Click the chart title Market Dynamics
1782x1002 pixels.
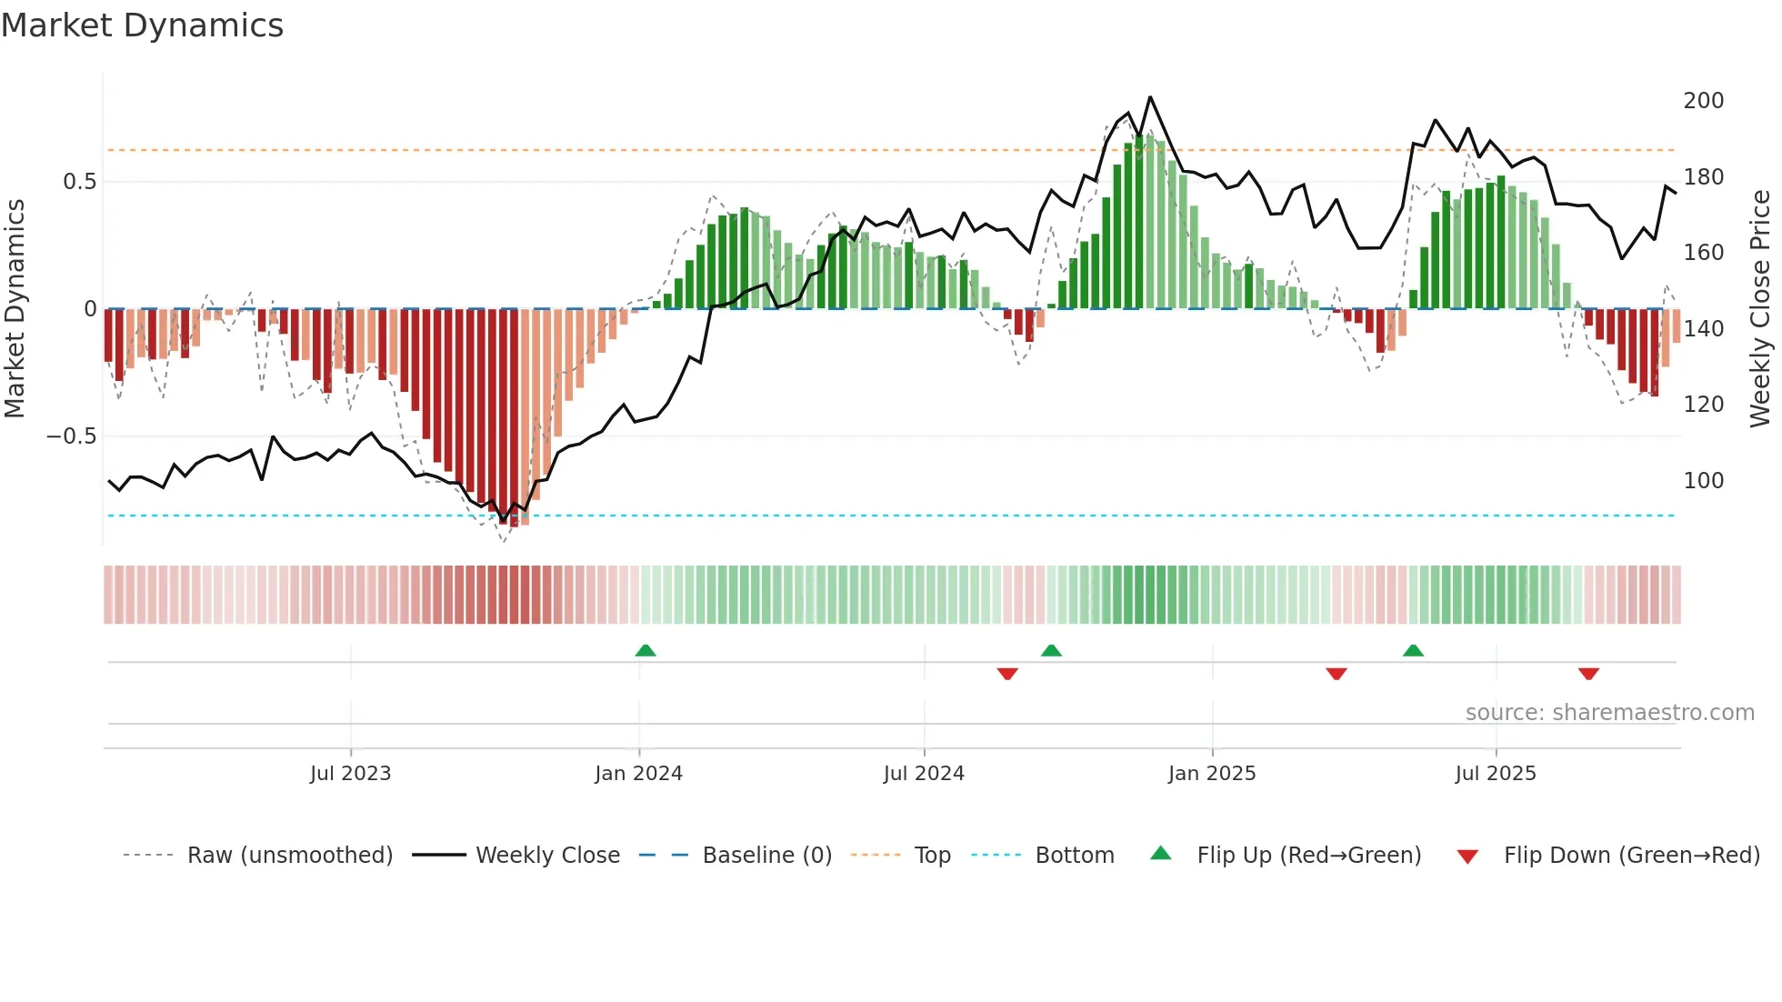click(x=142, y=25)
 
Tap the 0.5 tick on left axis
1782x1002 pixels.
click(x=79, y=182)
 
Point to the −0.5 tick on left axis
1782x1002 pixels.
click(x=72, y=436)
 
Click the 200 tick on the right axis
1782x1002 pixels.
click(x=1703, y=101)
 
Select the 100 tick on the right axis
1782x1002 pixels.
click(x=1703, y=481)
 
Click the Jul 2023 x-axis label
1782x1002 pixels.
click(x=350, y=774)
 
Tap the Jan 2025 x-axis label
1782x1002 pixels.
click(x=1211, y=774)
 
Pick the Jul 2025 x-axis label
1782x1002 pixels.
click(x=1495, y=774)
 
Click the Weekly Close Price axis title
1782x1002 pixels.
click(x=1760, y=309)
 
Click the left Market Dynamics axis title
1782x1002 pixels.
click(x=15, y=309)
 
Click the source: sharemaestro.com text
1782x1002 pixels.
click(x=1609, y=713)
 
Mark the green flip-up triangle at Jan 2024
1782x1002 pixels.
click(x=646, y=651)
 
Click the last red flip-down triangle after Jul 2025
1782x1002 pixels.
click(x=1588, y=674)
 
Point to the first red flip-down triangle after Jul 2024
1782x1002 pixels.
click(x=1007, y=674)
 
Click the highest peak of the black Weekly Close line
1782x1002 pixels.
click(x=1150, y=97)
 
